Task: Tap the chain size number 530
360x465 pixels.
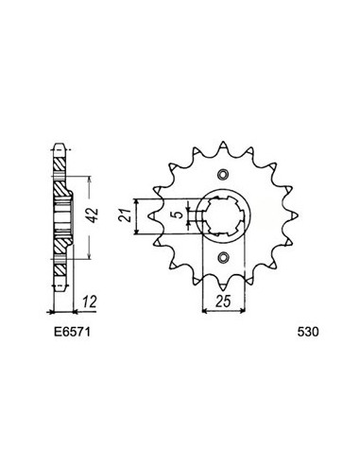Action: click(x=307, y=332)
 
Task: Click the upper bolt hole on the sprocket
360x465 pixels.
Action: click(x=223, y=175)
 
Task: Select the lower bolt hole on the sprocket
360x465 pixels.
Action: click(x=223, y=259)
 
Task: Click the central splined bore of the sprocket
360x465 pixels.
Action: click(x=223, y=217)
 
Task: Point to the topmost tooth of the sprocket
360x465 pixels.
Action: click(x=223, y=145)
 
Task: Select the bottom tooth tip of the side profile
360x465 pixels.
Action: click(x=61, y=285)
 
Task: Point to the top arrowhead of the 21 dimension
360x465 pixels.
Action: click(x=139, y=200)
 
